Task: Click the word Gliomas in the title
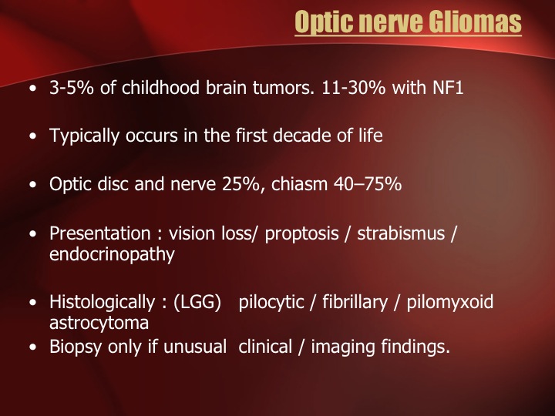(475, 22)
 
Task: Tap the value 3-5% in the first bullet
(72, 87)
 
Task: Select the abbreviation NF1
(448, 87)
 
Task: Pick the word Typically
(84, 136)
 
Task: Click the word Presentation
(99, 233)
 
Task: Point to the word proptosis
(301, 234)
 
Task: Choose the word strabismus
(401, 233)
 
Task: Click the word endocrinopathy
(112, 255)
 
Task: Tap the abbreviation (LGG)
(197, 303)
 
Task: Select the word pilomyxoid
(450, 303)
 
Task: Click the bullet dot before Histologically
(33, 303)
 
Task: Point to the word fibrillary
(355, 303)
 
